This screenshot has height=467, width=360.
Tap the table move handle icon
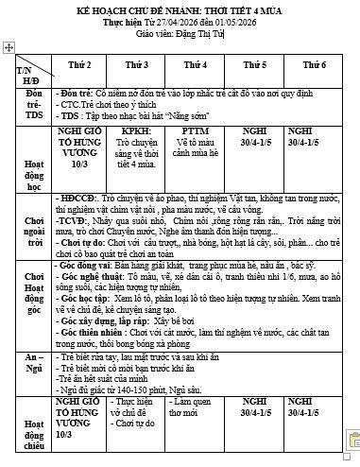pos(9,46)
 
